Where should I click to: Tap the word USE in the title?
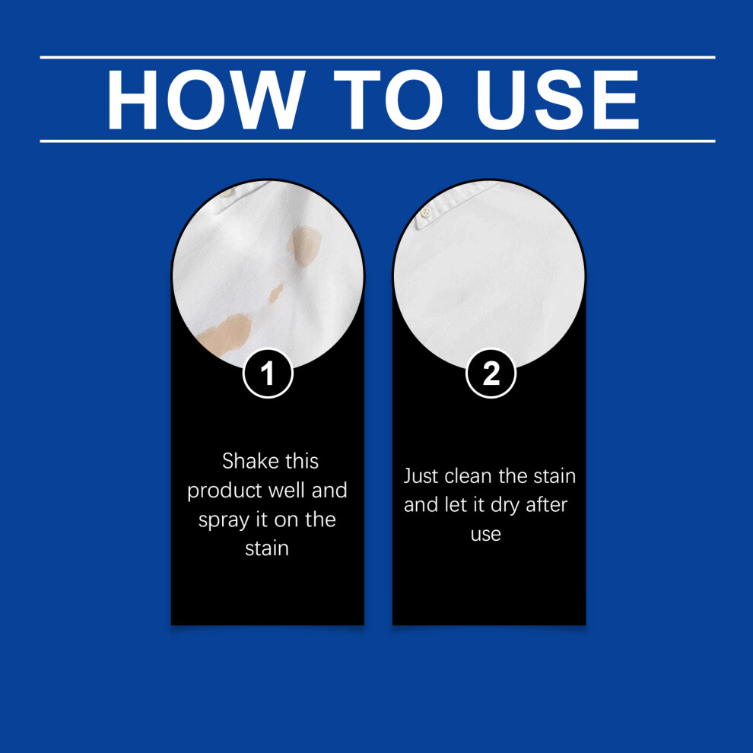point(557,100)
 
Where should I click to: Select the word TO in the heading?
point(388,100)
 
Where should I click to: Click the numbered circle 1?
point(268,373)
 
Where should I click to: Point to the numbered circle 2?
point(491,373)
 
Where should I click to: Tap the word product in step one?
point(224,491)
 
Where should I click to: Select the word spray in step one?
point(222,521)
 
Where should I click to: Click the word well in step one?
point(287,491)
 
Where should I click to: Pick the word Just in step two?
point(421,476)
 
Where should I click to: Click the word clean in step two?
point(469,476)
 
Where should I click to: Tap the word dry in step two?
point(505,506)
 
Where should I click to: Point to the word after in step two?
point(547,505)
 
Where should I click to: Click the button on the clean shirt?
point(425,211)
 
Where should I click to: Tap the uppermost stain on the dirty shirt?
point(303,246)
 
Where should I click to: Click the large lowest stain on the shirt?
point(224,334)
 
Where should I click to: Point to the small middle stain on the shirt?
point(275,294)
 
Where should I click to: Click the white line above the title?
point(377,58)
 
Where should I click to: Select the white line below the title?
point(377,141)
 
